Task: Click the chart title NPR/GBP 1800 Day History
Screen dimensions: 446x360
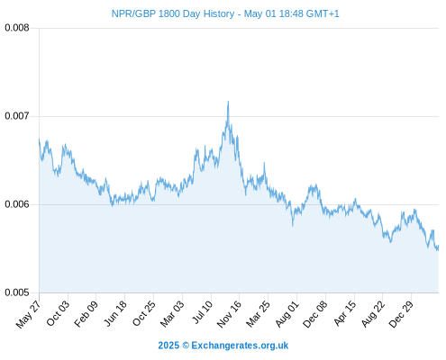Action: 173,13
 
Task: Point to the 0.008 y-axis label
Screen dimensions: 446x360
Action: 17,28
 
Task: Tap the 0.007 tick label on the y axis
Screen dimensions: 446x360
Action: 17,116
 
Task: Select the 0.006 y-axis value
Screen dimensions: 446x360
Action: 17,204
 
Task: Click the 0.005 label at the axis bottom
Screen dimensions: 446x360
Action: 17,292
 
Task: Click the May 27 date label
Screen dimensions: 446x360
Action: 28,314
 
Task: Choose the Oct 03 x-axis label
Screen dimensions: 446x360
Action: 58,313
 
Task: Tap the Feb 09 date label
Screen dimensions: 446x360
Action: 86,314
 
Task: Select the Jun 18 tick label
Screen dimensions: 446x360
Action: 115,313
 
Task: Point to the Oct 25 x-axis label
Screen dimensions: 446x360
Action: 144,313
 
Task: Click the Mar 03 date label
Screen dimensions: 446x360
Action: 172,314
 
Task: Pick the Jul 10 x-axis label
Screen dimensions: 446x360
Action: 202,312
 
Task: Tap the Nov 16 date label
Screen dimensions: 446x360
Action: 229,314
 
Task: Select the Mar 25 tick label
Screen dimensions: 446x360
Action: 258,314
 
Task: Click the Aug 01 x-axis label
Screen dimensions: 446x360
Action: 287,314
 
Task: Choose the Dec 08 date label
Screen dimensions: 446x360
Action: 315,314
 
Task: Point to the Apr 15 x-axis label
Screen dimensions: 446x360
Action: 345,313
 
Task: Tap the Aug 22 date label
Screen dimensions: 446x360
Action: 373,314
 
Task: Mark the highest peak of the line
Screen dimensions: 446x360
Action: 228,102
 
